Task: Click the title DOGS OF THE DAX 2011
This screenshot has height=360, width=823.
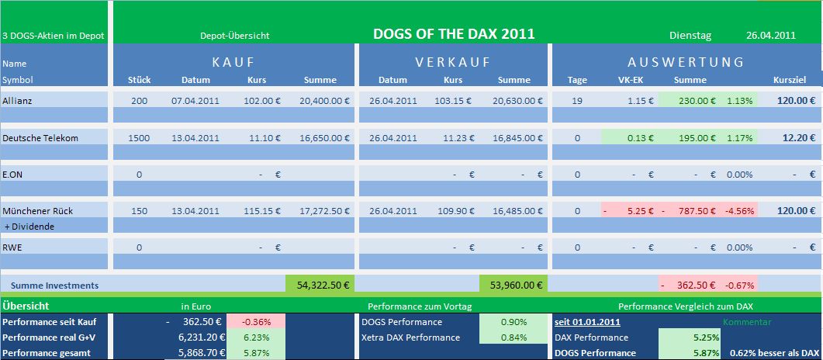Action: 454,34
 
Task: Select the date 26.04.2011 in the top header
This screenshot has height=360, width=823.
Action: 771,35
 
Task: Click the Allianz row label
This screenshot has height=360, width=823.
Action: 19,100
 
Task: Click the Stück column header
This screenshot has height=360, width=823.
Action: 139,80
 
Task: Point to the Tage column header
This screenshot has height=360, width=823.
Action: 577,80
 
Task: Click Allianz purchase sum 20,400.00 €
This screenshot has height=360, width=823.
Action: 323,100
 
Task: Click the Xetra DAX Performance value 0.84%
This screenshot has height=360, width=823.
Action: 512,337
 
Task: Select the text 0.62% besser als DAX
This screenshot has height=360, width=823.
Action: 773,353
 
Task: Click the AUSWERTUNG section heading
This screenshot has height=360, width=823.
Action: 686,62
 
